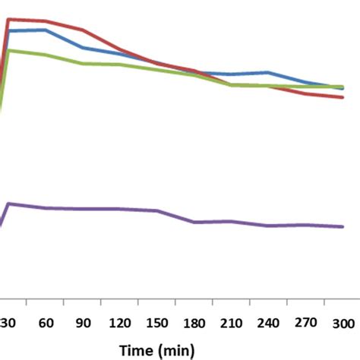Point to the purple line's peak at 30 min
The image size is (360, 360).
(x=9, y=203)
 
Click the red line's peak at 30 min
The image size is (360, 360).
(x=8, y=19)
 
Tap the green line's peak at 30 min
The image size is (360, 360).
(x=8, y=50)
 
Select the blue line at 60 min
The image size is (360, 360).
(x=46, y=30)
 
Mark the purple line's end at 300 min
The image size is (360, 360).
(x=343, y=226)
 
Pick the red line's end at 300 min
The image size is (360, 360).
(x=343, y=97)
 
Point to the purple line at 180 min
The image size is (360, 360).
(x=194, y=222)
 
